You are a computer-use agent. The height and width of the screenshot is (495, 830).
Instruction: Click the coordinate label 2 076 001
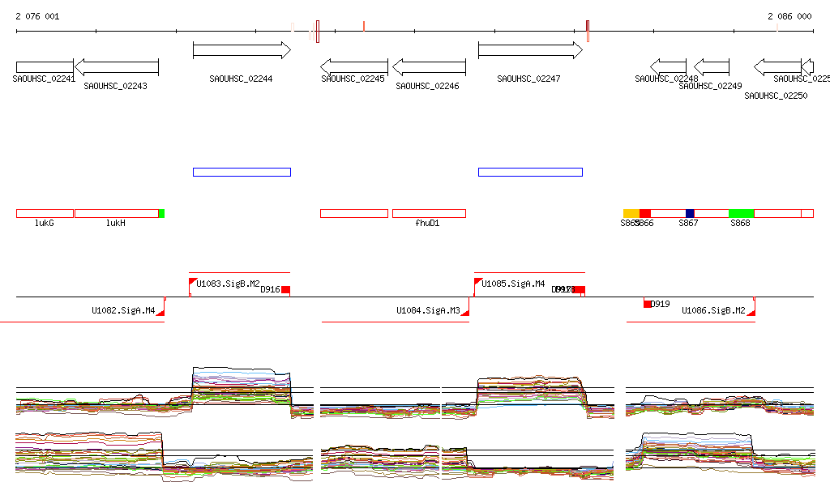point(37,16)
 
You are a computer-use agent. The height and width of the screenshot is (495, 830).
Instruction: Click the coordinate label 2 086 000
point(789,16)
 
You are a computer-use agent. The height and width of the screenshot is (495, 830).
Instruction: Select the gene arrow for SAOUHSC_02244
point(242,50)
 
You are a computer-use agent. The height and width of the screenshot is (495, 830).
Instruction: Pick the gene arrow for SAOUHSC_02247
point(530,50)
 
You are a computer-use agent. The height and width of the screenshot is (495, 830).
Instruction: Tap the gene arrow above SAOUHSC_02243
point(116,67)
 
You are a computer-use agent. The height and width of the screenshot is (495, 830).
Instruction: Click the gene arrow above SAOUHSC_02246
point(429,67)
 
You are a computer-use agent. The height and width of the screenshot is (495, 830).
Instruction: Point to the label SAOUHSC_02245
point(353,79)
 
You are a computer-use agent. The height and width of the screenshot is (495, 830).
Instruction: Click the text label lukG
point(44,223)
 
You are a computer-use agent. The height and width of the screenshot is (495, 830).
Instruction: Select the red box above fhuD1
point(429,213)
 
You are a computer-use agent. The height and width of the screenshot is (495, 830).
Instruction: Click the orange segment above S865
point(631,213)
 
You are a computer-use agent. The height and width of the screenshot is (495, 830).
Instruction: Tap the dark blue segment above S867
point(690,213)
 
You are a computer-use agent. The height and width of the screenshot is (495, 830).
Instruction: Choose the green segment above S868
point(741,213)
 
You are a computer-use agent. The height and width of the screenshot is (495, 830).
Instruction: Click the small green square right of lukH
point(161,213)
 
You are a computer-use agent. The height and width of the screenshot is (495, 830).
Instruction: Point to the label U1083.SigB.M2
point(228,284)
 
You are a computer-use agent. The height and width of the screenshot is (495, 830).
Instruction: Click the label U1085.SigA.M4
point(513,284)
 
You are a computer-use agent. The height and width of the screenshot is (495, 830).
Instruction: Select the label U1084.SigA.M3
point(428,310)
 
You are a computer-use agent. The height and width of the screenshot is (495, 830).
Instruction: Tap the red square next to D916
point(285,289)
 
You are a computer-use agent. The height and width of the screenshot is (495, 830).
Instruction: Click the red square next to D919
point(648,304)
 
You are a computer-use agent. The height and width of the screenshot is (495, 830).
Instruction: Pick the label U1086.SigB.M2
point(713,310)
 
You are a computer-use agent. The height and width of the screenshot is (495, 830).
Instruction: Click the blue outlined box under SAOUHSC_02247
point(530,172)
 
